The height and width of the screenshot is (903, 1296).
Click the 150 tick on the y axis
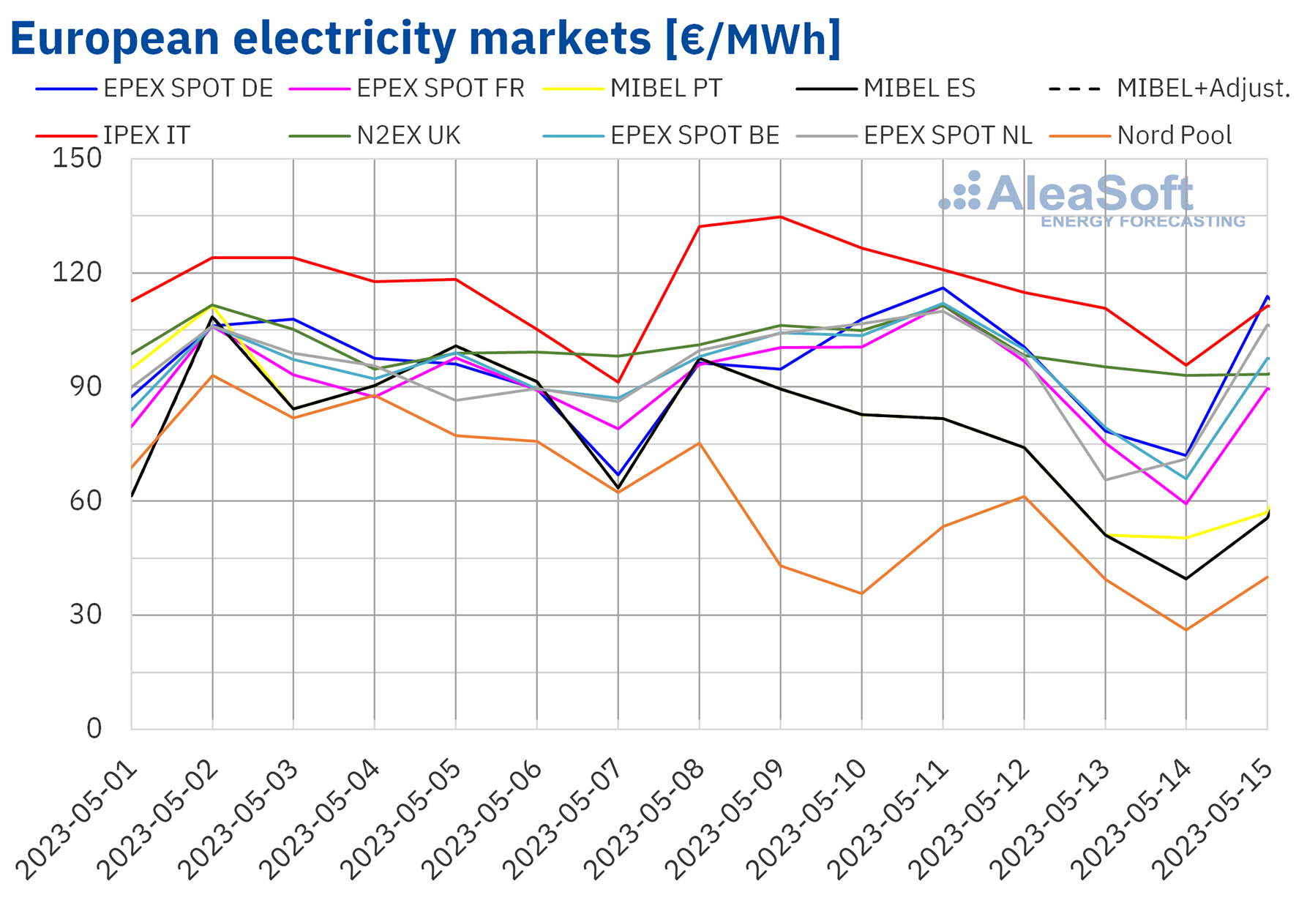(x=77, y=158)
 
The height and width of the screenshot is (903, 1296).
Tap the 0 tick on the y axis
(x=94, y=729)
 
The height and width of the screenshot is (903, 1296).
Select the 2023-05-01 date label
(x=77, y=820)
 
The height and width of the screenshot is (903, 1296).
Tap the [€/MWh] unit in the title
(x=753, y=38)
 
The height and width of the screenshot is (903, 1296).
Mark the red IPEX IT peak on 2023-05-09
(x=781, y=217)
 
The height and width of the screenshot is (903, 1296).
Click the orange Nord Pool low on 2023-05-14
(x=1185, y=630)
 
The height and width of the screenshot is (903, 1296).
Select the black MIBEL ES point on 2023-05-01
(x=132, y=496)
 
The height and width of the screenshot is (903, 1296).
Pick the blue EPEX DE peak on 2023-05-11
(x=943, y=288)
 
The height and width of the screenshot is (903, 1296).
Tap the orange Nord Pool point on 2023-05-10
(x=862, y=593)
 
